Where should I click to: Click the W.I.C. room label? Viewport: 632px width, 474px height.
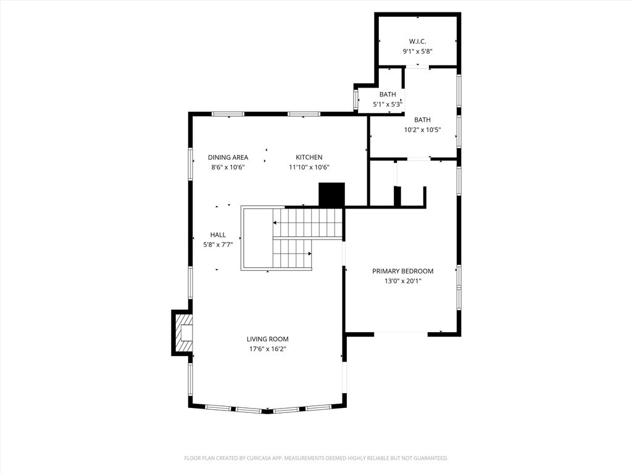pyautogui.click(x=417, y=41)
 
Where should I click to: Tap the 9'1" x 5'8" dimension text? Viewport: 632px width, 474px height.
pyautogui.click(x=417, y=52)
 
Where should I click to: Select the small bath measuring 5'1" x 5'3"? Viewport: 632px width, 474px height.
pyautogui.click(x=388, y=99)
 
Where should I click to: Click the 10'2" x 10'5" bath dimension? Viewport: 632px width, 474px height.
pyautogui.click(x=422, y=130)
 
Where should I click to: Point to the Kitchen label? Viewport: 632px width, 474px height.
pyautogui.click(x=309, y=157)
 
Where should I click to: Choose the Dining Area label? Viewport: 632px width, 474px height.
pyautogui.click(x=228, y=157)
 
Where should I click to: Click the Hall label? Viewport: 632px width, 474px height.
pyautogui.click(x=218, y=235)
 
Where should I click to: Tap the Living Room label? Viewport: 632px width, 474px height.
pyautogui.click(x=267, y=339)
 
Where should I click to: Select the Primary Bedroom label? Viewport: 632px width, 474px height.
pyautogui.click(x=402, y=271)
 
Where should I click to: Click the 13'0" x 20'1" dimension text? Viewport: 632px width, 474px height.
pyautogui.click(x=402, y=281)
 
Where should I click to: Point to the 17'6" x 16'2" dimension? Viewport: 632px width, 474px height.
pyautogui.click(x=267, y=349)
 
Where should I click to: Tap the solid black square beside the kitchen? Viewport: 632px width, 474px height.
pyautogui.click(x=331, y=195)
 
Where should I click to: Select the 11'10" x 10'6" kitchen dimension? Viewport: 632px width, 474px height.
pyautogui.click(x=309, y=167)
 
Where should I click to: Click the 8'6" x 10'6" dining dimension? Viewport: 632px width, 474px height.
pyautogui.click(x=228, y=167)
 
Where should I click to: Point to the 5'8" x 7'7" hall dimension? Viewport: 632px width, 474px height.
pyautogui.click(x=218, y=244)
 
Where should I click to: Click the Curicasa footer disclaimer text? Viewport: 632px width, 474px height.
pyautogui.click(x=316, y=458)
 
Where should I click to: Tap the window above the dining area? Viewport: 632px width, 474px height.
pyautogui.click(x=228, y=114)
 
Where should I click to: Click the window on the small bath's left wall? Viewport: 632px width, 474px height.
pyautogui.click(x=355, y=99)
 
